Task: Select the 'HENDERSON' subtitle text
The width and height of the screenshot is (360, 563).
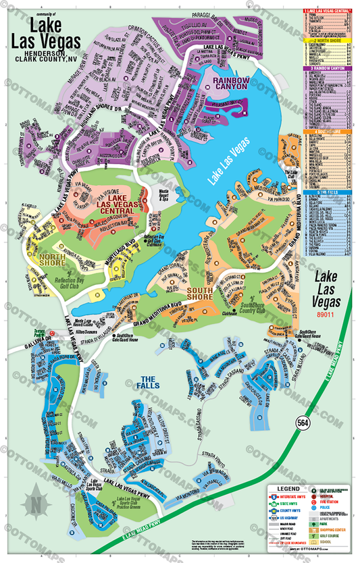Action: pyautogui.click(x=59, y=53)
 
